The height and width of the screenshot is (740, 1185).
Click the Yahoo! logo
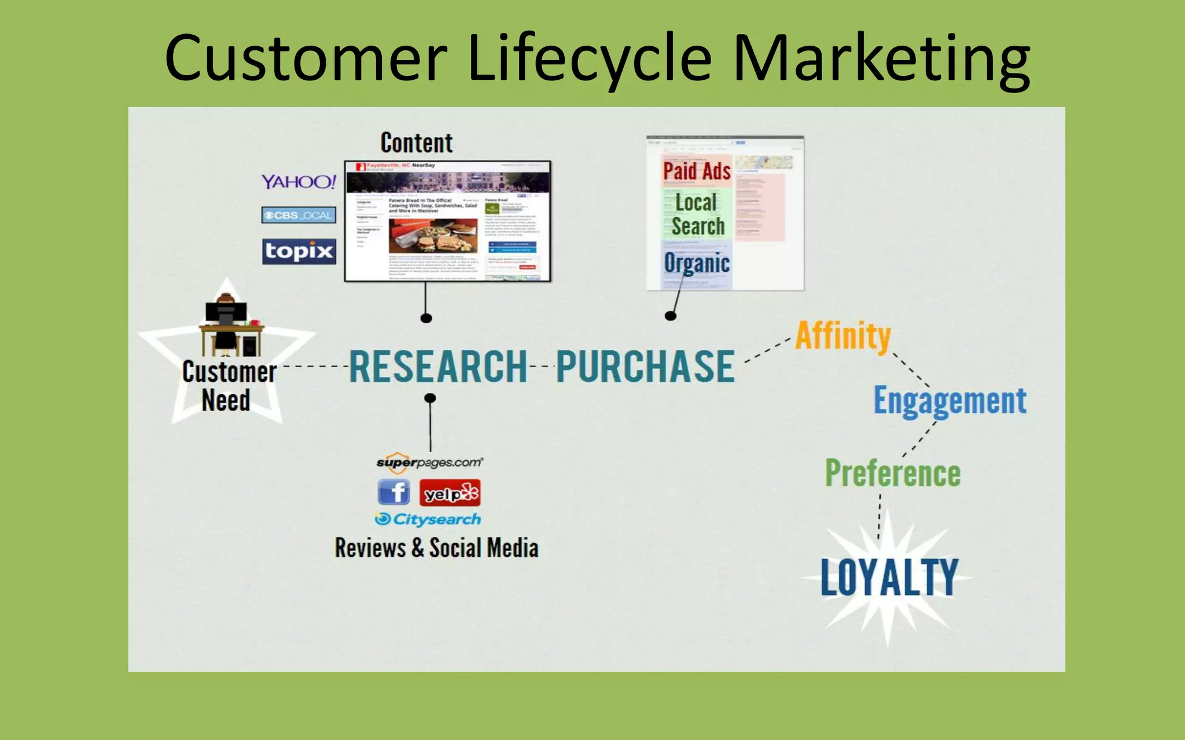coord(298,182)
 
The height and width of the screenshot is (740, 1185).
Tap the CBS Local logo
coord(299,215)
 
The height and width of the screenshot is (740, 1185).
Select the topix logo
coord(299,251)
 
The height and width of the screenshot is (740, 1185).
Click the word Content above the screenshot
coord(416,143)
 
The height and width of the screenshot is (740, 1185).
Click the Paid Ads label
coord(697,171)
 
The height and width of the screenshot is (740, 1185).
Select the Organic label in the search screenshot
coord(696,264)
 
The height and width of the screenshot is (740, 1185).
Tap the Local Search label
coord(697,214)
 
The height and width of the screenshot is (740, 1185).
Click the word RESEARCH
coord(438,367)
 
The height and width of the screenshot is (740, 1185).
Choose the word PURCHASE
coord(645,367)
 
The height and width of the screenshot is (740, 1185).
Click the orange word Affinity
coord(842,336)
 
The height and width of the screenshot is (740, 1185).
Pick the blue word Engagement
coord(950,401)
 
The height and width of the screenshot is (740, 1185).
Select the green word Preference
coord(892,473)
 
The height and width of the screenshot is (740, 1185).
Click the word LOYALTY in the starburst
coord(889,577)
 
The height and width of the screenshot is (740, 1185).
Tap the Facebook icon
coord(394,493)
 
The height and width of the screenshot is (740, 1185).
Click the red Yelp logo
coord(450,493)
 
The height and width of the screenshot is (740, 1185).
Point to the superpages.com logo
coord(429,462)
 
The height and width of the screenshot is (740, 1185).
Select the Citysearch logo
coord(428,519)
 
